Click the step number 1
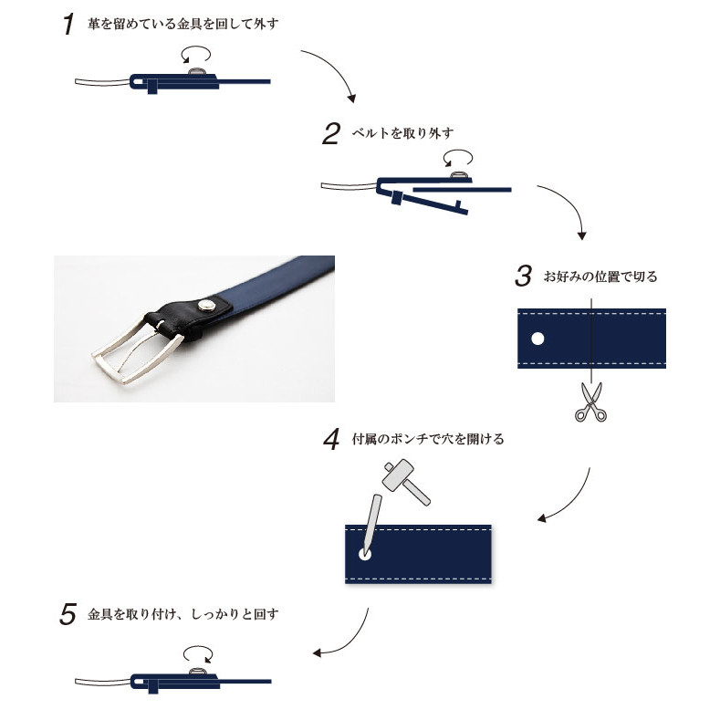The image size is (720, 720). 68,24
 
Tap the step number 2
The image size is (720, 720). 331,133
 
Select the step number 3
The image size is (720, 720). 524,276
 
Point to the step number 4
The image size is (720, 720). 331,439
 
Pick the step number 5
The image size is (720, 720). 68,614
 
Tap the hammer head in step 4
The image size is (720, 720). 398,474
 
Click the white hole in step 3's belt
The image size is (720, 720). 537,339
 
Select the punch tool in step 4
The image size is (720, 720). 371,524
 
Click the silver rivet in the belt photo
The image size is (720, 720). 206,305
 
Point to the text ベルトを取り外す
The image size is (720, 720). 402,133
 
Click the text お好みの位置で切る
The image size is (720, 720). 600,277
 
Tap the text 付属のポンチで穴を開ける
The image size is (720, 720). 428,439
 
